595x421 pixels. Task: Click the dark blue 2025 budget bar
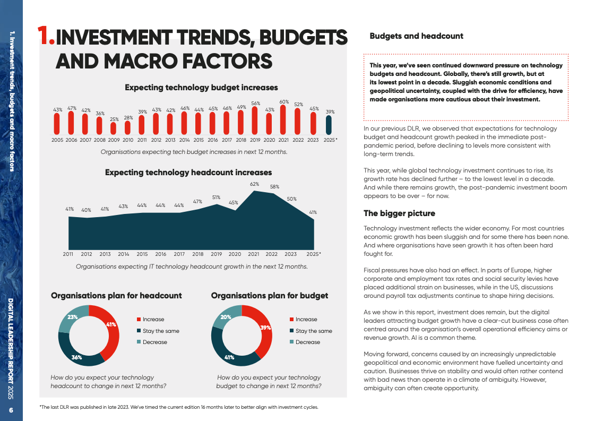329,125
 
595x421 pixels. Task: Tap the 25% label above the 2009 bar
114,119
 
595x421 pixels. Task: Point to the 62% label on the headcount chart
254,184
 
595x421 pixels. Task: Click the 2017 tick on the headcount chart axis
179,254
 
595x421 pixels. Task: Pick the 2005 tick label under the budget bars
57,140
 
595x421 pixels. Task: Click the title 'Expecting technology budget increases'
201,88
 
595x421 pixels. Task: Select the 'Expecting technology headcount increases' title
188,173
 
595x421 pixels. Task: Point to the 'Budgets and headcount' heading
416,36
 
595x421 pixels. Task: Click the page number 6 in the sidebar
12,411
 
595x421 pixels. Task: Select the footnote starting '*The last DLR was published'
179,407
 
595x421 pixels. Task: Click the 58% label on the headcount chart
274,187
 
